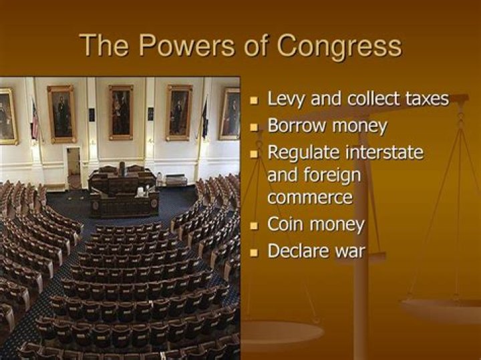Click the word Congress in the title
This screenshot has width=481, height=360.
click(339, 46)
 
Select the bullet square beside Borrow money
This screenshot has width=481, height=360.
click(254, 127)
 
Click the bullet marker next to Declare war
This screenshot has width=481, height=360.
click(254, 253)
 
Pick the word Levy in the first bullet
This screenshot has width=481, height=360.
click(285, 100)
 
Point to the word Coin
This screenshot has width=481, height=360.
click(287, 225)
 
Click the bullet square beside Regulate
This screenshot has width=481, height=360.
click(254, 154)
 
